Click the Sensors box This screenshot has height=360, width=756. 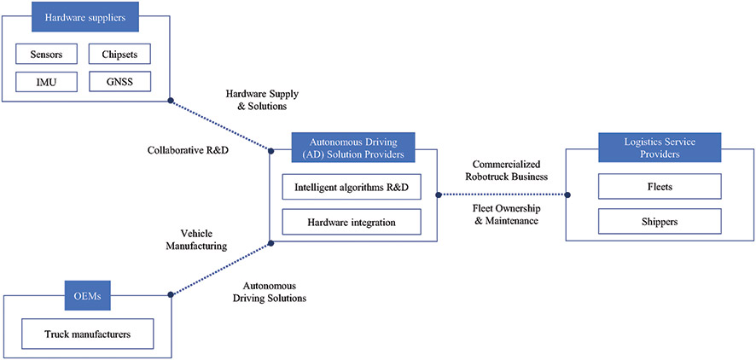point(46,54)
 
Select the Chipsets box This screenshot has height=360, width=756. point(119,54)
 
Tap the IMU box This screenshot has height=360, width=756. point(46,82)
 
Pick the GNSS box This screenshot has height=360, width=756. point(119,82)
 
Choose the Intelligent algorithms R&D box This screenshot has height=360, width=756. point(352,187)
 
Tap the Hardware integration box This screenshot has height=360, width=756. point(352,222)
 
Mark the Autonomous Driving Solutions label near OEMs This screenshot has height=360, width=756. point(270,292)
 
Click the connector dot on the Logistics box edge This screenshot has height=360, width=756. point(567,195)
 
